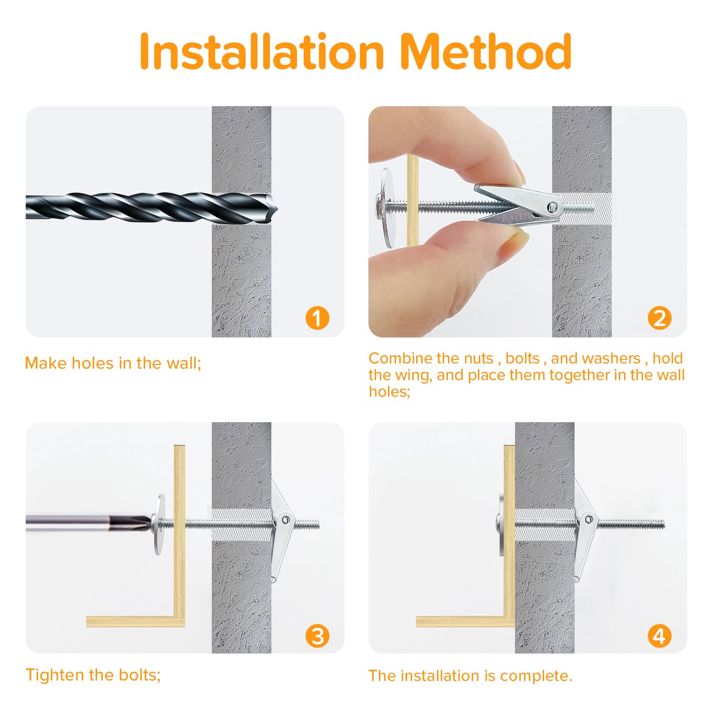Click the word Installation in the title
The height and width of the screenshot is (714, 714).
point(262,51)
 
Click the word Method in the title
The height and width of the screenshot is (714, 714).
point(486,51)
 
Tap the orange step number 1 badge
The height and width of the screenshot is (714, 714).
point(317,317)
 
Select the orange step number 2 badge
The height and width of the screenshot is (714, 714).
point(660,318)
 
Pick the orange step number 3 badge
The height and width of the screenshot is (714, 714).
point(317,635)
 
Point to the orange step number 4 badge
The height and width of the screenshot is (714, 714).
point(660,635)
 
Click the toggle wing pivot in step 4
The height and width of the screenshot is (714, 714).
point(589,519)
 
